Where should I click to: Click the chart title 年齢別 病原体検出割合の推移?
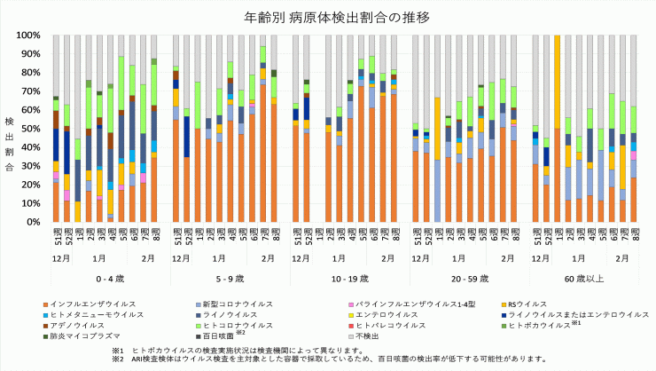tap(328, 17)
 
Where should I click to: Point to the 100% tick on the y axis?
tap(27, 36)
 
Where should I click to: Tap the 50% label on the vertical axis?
tap(30, 129)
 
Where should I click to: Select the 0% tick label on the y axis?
tap(34, 222)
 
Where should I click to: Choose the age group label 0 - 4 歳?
tap(105, 278)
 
